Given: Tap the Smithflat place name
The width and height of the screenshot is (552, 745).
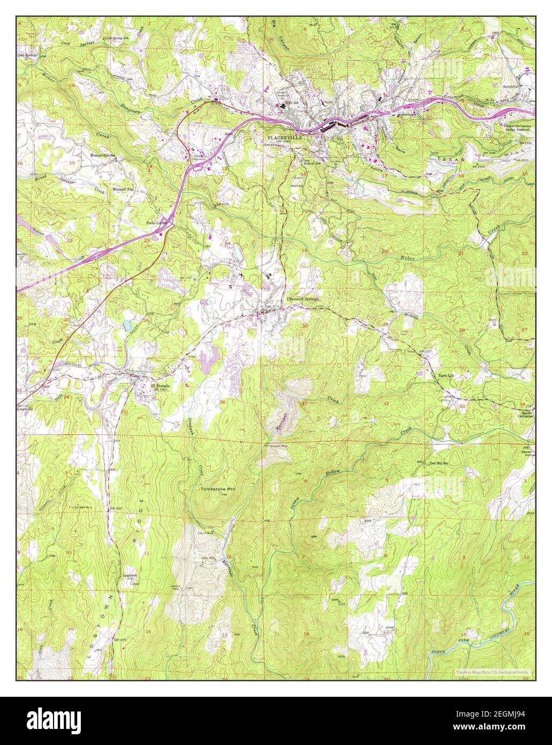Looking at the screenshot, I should pos(511,86).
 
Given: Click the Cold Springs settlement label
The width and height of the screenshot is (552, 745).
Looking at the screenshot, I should pos(27,55).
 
